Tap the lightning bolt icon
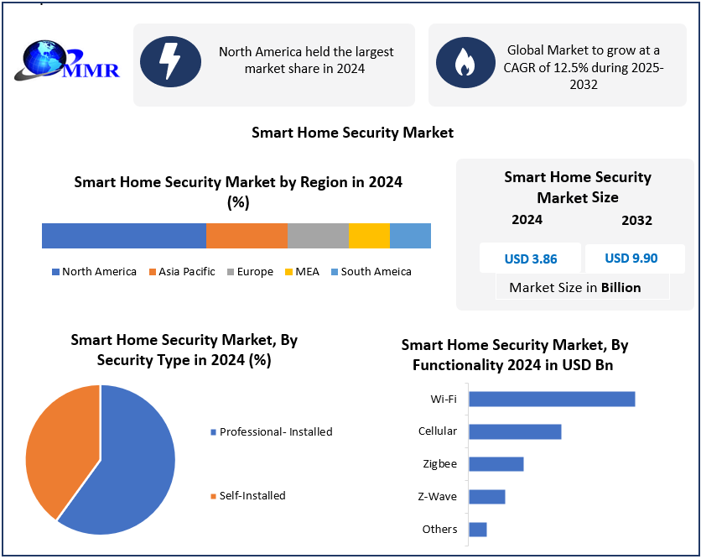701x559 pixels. [x=170, y=61]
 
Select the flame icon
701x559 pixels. [x=464, y=61]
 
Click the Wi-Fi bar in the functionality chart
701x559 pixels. [x=551, y=399]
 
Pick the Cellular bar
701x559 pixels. [x=514, y=431]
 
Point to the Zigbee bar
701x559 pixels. [x=496, y=464]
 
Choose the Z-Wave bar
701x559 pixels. [x=486, y=497]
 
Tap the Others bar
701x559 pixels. [x=477, y=530]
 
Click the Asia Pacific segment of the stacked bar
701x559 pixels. [x=247, y=236]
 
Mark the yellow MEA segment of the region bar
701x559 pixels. [x=369, y=236]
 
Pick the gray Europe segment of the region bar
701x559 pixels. [x=318, y=236]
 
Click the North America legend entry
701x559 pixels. [x=94, y=272]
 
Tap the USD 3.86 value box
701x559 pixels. [x=530, y=259]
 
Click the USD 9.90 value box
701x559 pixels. [x=633, y=259]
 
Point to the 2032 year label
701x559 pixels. [x=636, y=221]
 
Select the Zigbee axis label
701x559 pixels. [x=440, y=464]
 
